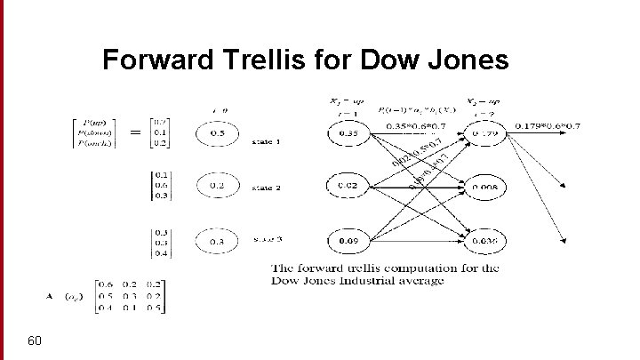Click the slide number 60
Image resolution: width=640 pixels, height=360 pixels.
36,340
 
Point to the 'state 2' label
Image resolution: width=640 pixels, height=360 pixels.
268,188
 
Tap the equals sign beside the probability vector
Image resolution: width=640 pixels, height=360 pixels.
137,132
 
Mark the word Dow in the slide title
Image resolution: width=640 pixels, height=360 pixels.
389,60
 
